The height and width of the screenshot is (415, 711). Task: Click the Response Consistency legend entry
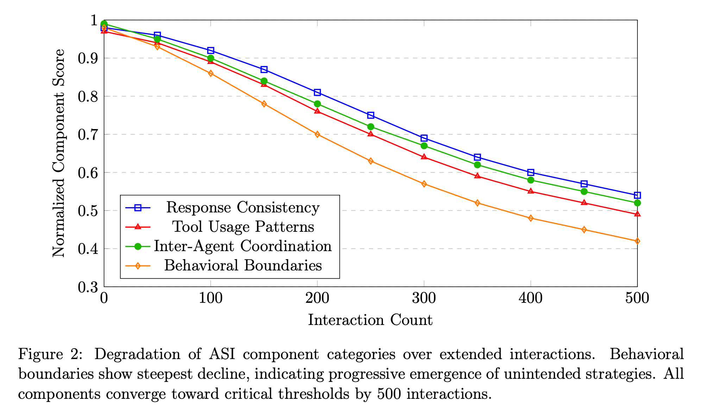click(x=243, y=207)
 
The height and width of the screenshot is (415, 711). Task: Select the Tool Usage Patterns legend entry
click(x=243, y=227)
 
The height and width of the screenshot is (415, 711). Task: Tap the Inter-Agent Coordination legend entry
click(x=243, y=246)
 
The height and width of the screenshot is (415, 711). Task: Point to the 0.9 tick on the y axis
click(x=88, y=58)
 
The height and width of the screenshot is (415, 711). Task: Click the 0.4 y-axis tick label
click(x=88, y=249)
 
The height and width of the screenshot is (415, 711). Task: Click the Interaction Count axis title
click(x=370, y=320)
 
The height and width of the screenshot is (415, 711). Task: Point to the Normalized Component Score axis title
click(x=59, y=153)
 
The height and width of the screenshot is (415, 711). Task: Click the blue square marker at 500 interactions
click(x=637, y=195)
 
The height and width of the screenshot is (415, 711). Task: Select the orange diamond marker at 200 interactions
click(x=317, y=134)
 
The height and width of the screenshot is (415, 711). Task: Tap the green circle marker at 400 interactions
click(x=530, y=180)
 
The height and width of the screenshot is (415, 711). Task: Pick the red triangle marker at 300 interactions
click(x=424, y=157)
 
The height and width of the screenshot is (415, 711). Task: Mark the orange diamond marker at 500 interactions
click(x=637, y=241)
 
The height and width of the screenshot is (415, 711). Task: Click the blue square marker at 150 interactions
click(x=264, y=69)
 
